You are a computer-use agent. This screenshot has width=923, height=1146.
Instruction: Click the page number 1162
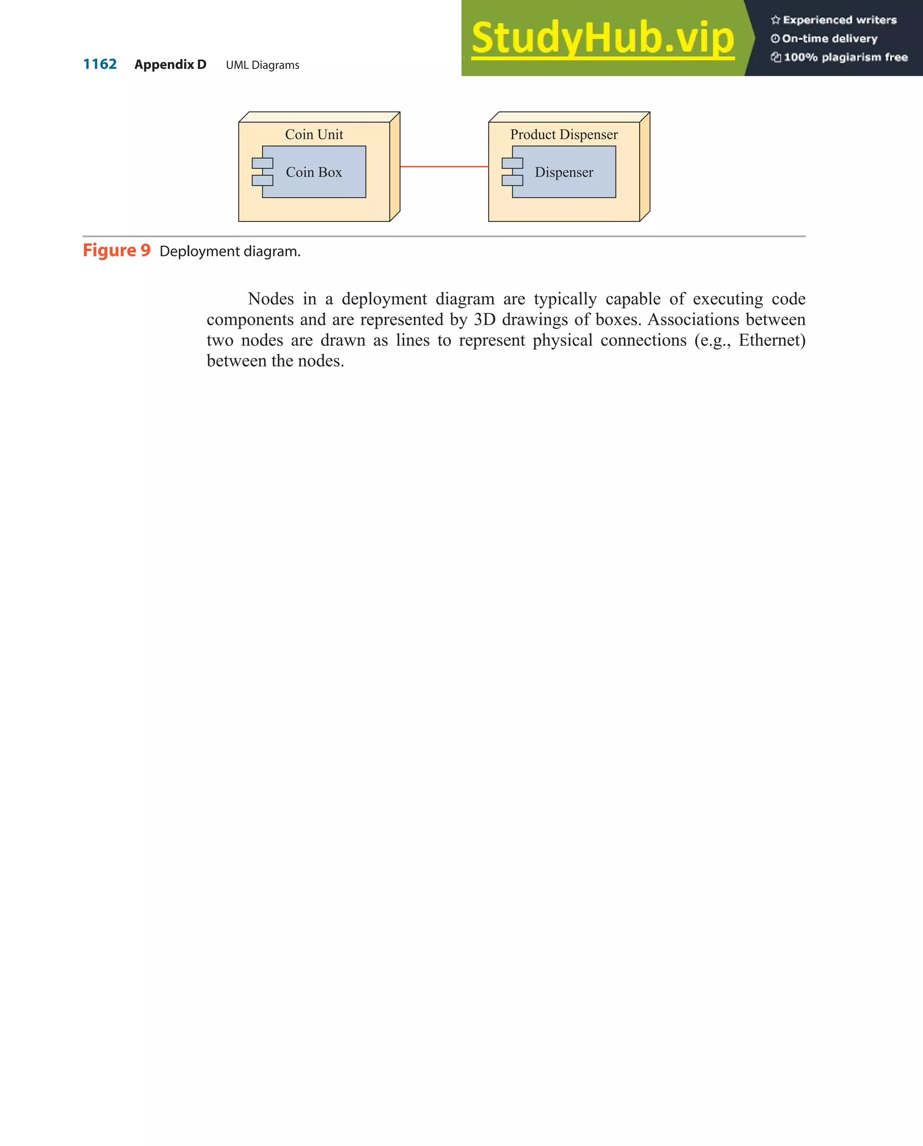pos(100,64)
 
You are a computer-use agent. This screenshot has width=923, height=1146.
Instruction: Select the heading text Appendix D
pos(170,65)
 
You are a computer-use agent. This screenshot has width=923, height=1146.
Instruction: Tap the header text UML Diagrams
pos(262,65)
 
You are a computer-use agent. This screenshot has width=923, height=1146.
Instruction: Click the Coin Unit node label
pos(314,135)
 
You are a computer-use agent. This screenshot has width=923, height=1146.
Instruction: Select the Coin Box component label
pos(314,172)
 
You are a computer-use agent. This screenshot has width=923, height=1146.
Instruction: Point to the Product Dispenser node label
pos(564,135)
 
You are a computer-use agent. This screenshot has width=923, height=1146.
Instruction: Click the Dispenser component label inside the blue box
pos(564,172)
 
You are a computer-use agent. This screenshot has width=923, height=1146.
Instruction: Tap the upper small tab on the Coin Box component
pos(262,163)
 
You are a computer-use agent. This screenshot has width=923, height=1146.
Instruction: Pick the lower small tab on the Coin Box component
pos(262,180)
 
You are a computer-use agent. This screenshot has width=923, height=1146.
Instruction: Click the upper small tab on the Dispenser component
pos(512,163)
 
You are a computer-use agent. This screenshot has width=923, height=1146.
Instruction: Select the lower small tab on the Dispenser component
pos(512,180)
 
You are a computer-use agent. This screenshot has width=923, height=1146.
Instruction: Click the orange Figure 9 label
pos(117,250)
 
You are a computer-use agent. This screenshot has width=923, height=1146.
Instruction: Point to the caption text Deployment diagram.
pos(230,251)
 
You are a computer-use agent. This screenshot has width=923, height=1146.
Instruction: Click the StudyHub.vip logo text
pos(603,38)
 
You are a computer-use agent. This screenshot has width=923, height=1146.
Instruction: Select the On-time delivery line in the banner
pos(829,39)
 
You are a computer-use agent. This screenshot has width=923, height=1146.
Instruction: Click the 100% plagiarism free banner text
pos(845,57)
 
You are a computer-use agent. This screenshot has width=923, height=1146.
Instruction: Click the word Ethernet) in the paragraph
pos(772,340)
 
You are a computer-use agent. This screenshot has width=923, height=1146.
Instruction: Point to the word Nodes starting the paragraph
pos(271,299)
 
